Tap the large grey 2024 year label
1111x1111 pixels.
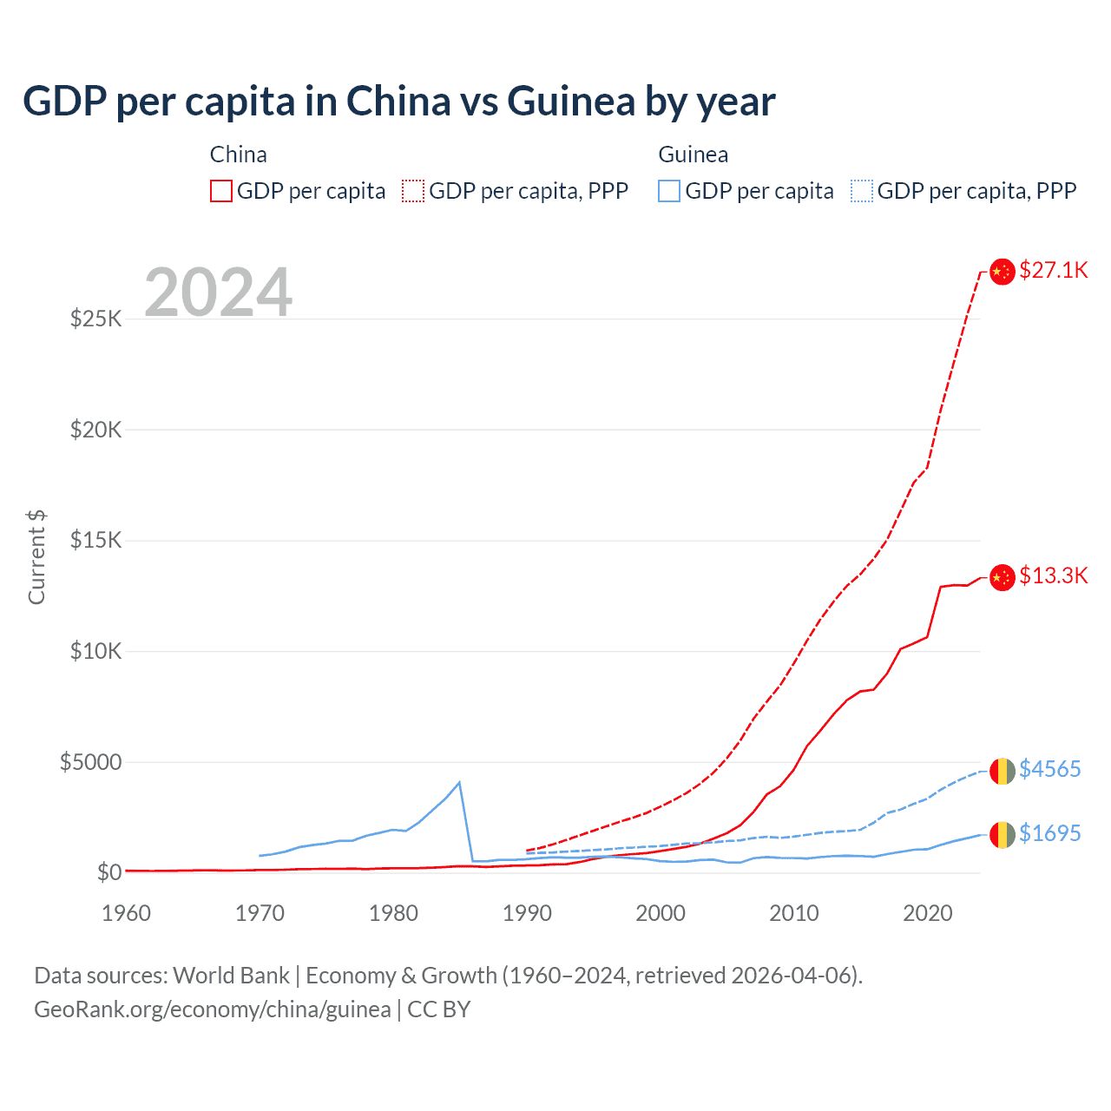[x=219, y=293]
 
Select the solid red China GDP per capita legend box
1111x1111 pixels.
[x=221, y=191]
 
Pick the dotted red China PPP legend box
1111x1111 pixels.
[x=413, y=191]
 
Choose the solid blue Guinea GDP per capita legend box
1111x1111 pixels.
[x=669, y=191]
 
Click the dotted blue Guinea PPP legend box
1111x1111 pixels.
[x=862, y=191]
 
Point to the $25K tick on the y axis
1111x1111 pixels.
[x=96, y=319]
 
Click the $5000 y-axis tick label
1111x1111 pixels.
[x=90, y=762]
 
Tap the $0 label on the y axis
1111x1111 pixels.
[x=109, y=872]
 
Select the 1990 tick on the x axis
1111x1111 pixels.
[x=527, y=913]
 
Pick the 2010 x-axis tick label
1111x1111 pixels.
[x=794, y=913]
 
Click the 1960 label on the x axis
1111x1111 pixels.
[x=127, y=913]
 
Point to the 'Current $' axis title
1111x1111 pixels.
[x=36, y=556]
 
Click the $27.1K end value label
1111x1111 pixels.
[x=1053, y=270]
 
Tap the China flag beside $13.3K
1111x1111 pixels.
[x=1003, y=576]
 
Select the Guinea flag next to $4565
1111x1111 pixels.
[x=1003, y=770]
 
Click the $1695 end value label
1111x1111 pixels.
[x=1049, y=833]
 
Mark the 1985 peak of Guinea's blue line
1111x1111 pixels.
[x=459, y=783]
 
